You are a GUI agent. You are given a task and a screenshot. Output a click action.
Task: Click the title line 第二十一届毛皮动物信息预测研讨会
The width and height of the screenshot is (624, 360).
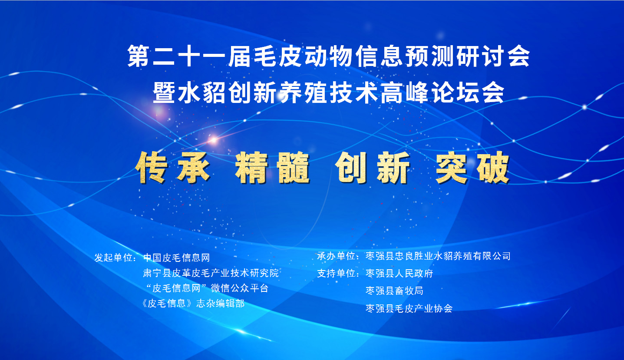[328, 56]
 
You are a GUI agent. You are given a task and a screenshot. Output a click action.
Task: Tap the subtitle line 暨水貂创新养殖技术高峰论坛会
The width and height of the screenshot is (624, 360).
[328, 92]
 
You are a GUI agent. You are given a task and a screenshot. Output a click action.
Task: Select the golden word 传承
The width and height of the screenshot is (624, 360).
[173, 168]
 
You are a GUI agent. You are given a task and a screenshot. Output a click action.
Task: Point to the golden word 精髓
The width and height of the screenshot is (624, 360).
[272, 168]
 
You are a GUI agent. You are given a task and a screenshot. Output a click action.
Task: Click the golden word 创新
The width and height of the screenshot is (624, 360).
[373, 168]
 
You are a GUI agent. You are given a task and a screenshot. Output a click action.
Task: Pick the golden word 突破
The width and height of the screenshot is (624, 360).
[473, 168]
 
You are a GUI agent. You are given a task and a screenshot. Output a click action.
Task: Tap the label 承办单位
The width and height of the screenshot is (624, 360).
[336, 256]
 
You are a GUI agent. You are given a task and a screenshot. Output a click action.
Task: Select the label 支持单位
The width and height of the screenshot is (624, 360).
[336, 273]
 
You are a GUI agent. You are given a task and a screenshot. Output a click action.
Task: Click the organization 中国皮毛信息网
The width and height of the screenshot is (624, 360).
[176, 258]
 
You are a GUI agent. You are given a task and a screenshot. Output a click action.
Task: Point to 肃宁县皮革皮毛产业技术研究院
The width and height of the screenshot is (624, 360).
[211, 273]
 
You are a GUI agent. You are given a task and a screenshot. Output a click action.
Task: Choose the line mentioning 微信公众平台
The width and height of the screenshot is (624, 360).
[207, 288]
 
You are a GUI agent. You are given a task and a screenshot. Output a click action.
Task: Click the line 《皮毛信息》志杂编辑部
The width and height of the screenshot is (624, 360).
[193, 303]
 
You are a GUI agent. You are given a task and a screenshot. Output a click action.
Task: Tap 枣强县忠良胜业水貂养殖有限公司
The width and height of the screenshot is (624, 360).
[438, 256]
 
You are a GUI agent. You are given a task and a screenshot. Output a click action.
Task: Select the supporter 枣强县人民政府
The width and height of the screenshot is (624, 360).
[399, 273]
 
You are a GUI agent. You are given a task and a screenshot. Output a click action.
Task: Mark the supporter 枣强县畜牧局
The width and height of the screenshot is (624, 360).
[394, 291]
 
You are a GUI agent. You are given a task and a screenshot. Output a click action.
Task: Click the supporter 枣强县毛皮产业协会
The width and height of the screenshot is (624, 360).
[409, 308]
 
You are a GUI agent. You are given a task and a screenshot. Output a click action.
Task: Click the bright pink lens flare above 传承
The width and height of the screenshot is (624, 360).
[213, 139]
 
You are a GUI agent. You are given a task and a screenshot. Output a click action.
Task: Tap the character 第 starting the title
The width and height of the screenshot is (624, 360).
[139, 56]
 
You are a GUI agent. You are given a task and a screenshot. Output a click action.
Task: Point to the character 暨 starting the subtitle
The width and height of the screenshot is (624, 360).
[164, 92]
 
